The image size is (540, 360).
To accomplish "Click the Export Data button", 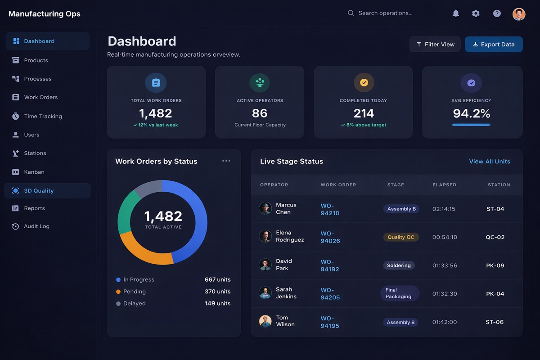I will [494, 45].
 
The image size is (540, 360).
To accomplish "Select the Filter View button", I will [435, 45].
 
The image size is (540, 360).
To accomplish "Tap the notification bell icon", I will [455, 13].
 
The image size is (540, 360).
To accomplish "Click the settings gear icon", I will [476, 13].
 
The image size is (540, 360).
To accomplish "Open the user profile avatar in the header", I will [518, 13].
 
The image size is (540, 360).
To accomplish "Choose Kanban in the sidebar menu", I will [34, 172].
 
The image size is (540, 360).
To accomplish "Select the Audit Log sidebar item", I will [36, 226].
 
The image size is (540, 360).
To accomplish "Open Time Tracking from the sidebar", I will [43, 116].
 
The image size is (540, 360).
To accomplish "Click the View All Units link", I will [489, 162].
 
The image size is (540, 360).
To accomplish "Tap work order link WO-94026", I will [330, 237].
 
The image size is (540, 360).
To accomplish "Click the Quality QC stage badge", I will [400, 237].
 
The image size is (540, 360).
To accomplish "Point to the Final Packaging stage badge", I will [399, 293].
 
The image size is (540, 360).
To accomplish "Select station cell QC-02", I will [495, 237].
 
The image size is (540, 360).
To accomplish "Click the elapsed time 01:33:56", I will [444, 265].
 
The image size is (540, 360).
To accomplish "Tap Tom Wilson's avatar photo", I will [265, 321].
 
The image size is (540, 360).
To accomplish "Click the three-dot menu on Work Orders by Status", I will [226, 161].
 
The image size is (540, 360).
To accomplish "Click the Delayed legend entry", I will [134, 304].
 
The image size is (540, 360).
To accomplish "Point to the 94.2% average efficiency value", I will [471, 113].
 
